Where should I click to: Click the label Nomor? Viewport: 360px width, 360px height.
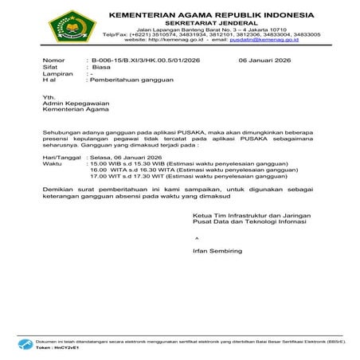tap(53, 61)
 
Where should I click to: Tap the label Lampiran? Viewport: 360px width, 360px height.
tap(57, 74)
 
